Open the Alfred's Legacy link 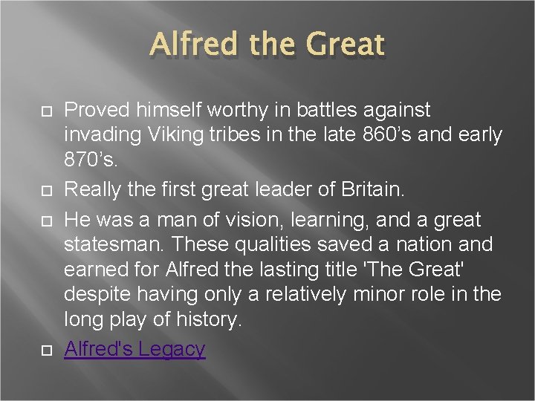[x=134, y=348]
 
